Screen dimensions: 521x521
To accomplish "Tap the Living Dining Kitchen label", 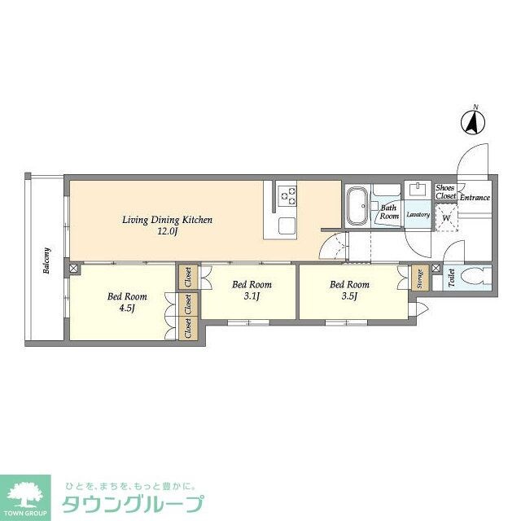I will point(167,220).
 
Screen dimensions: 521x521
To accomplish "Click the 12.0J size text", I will point(167,232).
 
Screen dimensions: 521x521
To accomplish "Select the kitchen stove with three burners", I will point(287,195).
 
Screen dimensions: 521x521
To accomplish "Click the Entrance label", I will point(475,198).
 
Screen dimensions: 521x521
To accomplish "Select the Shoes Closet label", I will point(445,192).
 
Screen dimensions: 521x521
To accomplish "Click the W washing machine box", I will point(446,217).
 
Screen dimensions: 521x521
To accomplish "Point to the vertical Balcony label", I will point(48,260).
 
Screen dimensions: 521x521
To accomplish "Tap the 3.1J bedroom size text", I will point(251,296).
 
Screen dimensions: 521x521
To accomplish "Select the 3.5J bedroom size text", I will point(349,296).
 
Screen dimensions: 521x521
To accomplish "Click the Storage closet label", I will point(420,279).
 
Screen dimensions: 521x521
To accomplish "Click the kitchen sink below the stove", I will point(287,225).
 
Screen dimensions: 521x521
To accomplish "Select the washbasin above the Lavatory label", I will point(418,190).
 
